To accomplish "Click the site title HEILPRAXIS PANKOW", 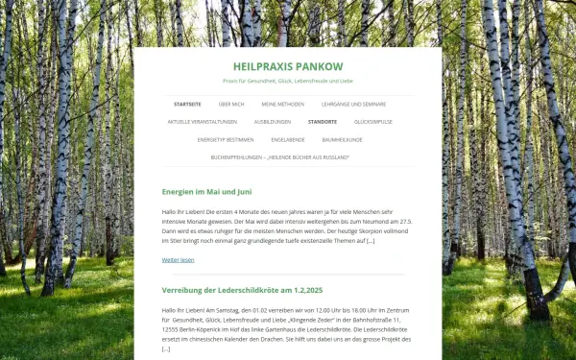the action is click(x=288, y=65).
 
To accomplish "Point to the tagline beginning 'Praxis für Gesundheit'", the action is click(x=288, y=81).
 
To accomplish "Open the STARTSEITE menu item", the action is click(x=187, y=104).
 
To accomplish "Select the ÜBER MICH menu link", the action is click(x=231, y=104).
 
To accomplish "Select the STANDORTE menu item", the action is click(x=323, y=122).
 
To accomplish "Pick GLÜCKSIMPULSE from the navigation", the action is click(x=373, y=122).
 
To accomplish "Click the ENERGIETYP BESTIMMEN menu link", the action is click(x=226, y=139).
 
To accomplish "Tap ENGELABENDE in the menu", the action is click(x=288, y=139).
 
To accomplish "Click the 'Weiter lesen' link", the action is click(x=178, y=259).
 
